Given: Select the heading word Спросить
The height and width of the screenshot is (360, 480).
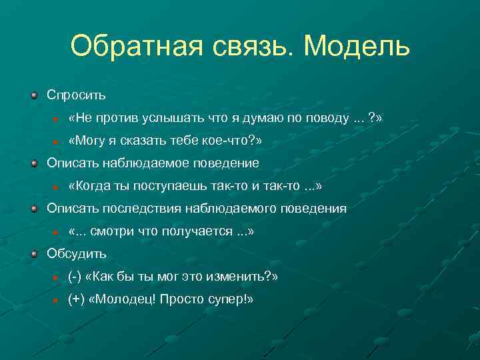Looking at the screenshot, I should click(77, 95).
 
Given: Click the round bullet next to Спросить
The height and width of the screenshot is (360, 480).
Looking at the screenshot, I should click(34, 95).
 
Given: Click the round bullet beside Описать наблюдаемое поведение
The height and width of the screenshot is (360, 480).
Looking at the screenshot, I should click(34, 163).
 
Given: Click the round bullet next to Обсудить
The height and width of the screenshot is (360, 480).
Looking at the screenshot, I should click(34, 254).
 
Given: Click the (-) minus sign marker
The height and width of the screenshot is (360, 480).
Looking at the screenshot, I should click(75, 277).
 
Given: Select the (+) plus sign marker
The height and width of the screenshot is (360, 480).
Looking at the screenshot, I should click(75, 299).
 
